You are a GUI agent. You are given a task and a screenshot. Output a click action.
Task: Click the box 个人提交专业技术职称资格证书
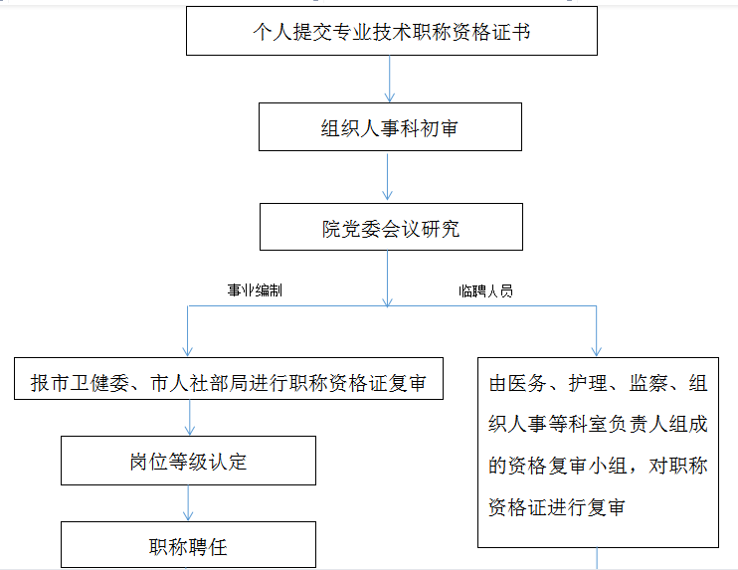(391, 32)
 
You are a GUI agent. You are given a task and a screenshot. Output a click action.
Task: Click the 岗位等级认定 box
(188, 462)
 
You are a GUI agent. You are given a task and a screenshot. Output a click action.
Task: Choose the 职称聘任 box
(188, 545)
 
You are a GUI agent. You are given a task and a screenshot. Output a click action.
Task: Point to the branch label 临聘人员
(485, 291)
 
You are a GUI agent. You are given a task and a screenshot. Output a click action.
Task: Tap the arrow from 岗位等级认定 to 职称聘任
(188, 504)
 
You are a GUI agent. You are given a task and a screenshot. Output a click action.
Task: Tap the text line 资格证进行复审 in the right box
(557, 506)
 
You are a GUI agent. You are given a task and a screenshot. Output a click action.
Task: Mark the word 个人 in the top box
(268, 32)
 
